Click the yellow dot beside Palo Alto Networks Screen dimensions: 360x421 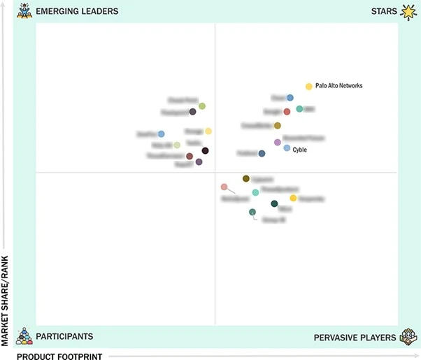[x=308, y=86]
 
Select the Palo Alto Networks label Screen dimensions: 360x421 [x=339, y=86]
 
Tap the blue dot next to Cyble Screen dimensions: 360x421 [x=287, y=148]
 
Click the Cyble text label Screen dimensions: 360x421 [x=299, y=150]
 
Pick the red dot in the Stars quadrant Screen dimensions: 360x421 [x=287, y=112]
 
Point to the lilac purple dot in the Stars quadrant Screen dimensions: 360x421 [x=278, y=142]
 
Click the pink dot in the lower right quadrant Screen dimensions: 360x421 [x=224, y=187]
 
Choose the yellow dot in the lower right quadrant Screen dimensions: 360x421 [x=293, y=198]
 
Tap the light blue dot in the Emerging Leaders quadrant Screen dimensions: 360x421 [x=161, y=134]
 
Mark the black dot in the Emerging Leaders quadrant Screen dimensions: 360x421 [x=205, y=150]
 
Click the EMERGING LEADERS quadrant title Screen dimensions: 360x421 [x=77, y=11]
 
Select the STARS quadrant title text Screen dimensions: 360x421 [x=384, y=11]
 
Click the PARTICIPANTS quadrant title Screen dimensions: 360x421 [x=64, y=336]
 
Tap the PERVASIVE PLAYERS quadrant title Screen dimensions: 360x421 [x=354, y=338]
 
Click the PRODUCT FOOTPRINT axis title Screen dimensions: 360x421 [x=59, y=356]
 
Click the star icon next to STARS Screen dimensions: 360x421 [x=408, y=10]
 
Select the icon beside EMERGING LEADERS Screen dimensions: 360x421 [x=24, y=10]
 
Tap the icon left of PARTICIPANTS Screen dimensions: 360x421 [x=24, y=336]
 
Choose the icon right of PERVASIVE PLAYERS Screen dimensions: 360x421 [x=408, y=337]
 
